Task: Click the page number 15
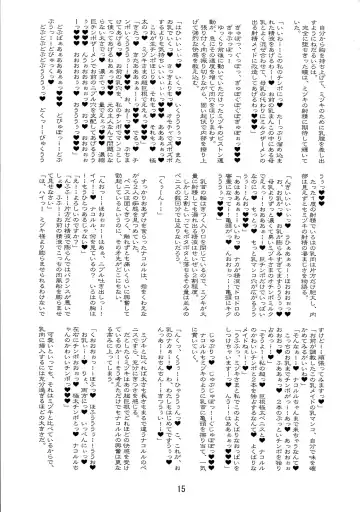pyautogui.click(x=180, y=488)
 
